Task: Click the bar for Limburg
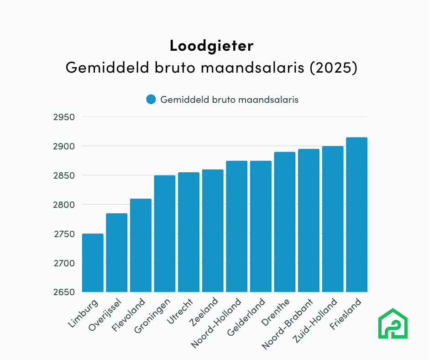93,263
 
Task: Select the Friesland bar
356,215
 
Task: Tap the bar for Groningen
165,233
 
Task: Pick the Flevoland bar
141,245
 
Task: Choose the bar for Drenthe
284,222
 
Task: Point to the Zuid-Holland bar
333,219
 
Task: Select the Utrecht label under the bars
180,311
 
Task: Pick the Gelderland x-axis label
247,318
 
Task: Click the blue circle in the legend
151,99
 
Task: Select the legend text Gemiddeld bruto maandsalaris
229,99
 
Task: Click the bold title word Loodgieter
211,46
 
